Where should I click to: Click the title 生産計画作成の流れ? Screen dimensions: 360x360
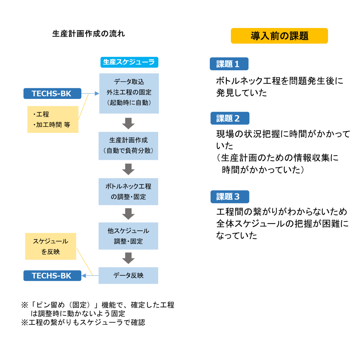(x=89, y=34)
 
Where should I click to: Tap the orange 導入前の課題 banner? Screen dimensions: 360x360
(x=279, y=36)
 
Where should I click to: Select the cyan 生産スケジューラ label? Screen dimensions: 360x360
(x=129, y=62)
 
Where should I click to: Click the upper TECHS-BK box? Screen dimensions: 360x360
(x=52, y=94)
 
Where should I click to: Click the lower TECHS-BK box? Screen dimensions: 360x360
(x=52, y=276)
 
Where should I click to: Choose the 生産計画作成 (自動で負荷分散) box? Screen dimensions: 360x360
(x=128, y=146)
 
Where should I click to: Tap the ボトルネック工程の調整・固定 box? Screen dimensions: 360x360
(x=128, y=191)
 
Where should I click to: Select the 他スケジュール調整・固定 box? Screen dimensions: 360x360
(x=128, y=236)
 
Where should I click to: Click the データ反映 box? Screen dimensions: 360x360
(x=128, y=275)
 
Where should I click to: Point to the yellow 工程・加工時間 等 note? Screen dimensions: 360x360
(x=53, y=119)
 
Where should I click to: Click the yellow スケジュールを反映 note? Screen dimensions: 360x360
(x=51, y=246)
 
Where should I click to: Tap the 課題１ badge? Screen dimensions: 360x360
(x=229, y=64)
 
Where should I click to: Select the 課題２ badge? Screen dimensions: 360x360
(x=230, y=118)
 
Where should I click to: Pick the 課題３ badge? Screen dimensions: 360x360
(x=230, y=197)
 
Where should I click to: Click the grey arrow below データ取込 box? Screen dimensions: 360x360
(x=128, y=123)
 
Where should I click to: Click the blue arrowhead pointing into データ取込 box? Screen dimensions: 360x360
(x=97, y=94)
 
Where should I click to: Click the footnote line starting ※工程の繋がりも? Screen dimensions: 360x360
(x=83, y=322)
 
